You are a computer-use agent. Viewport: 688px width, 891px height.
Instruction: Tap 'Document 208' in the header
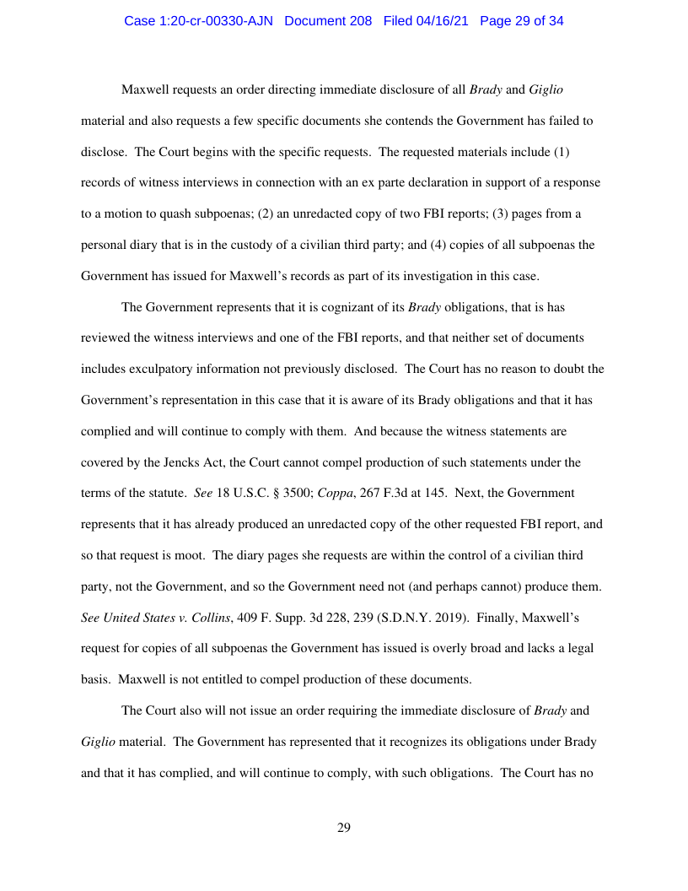pyautogui.click(x=328, y=21)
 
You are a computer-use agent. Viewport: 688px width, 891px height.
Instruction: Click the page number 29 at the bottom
pyautogui.click(x=344, y=828)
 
